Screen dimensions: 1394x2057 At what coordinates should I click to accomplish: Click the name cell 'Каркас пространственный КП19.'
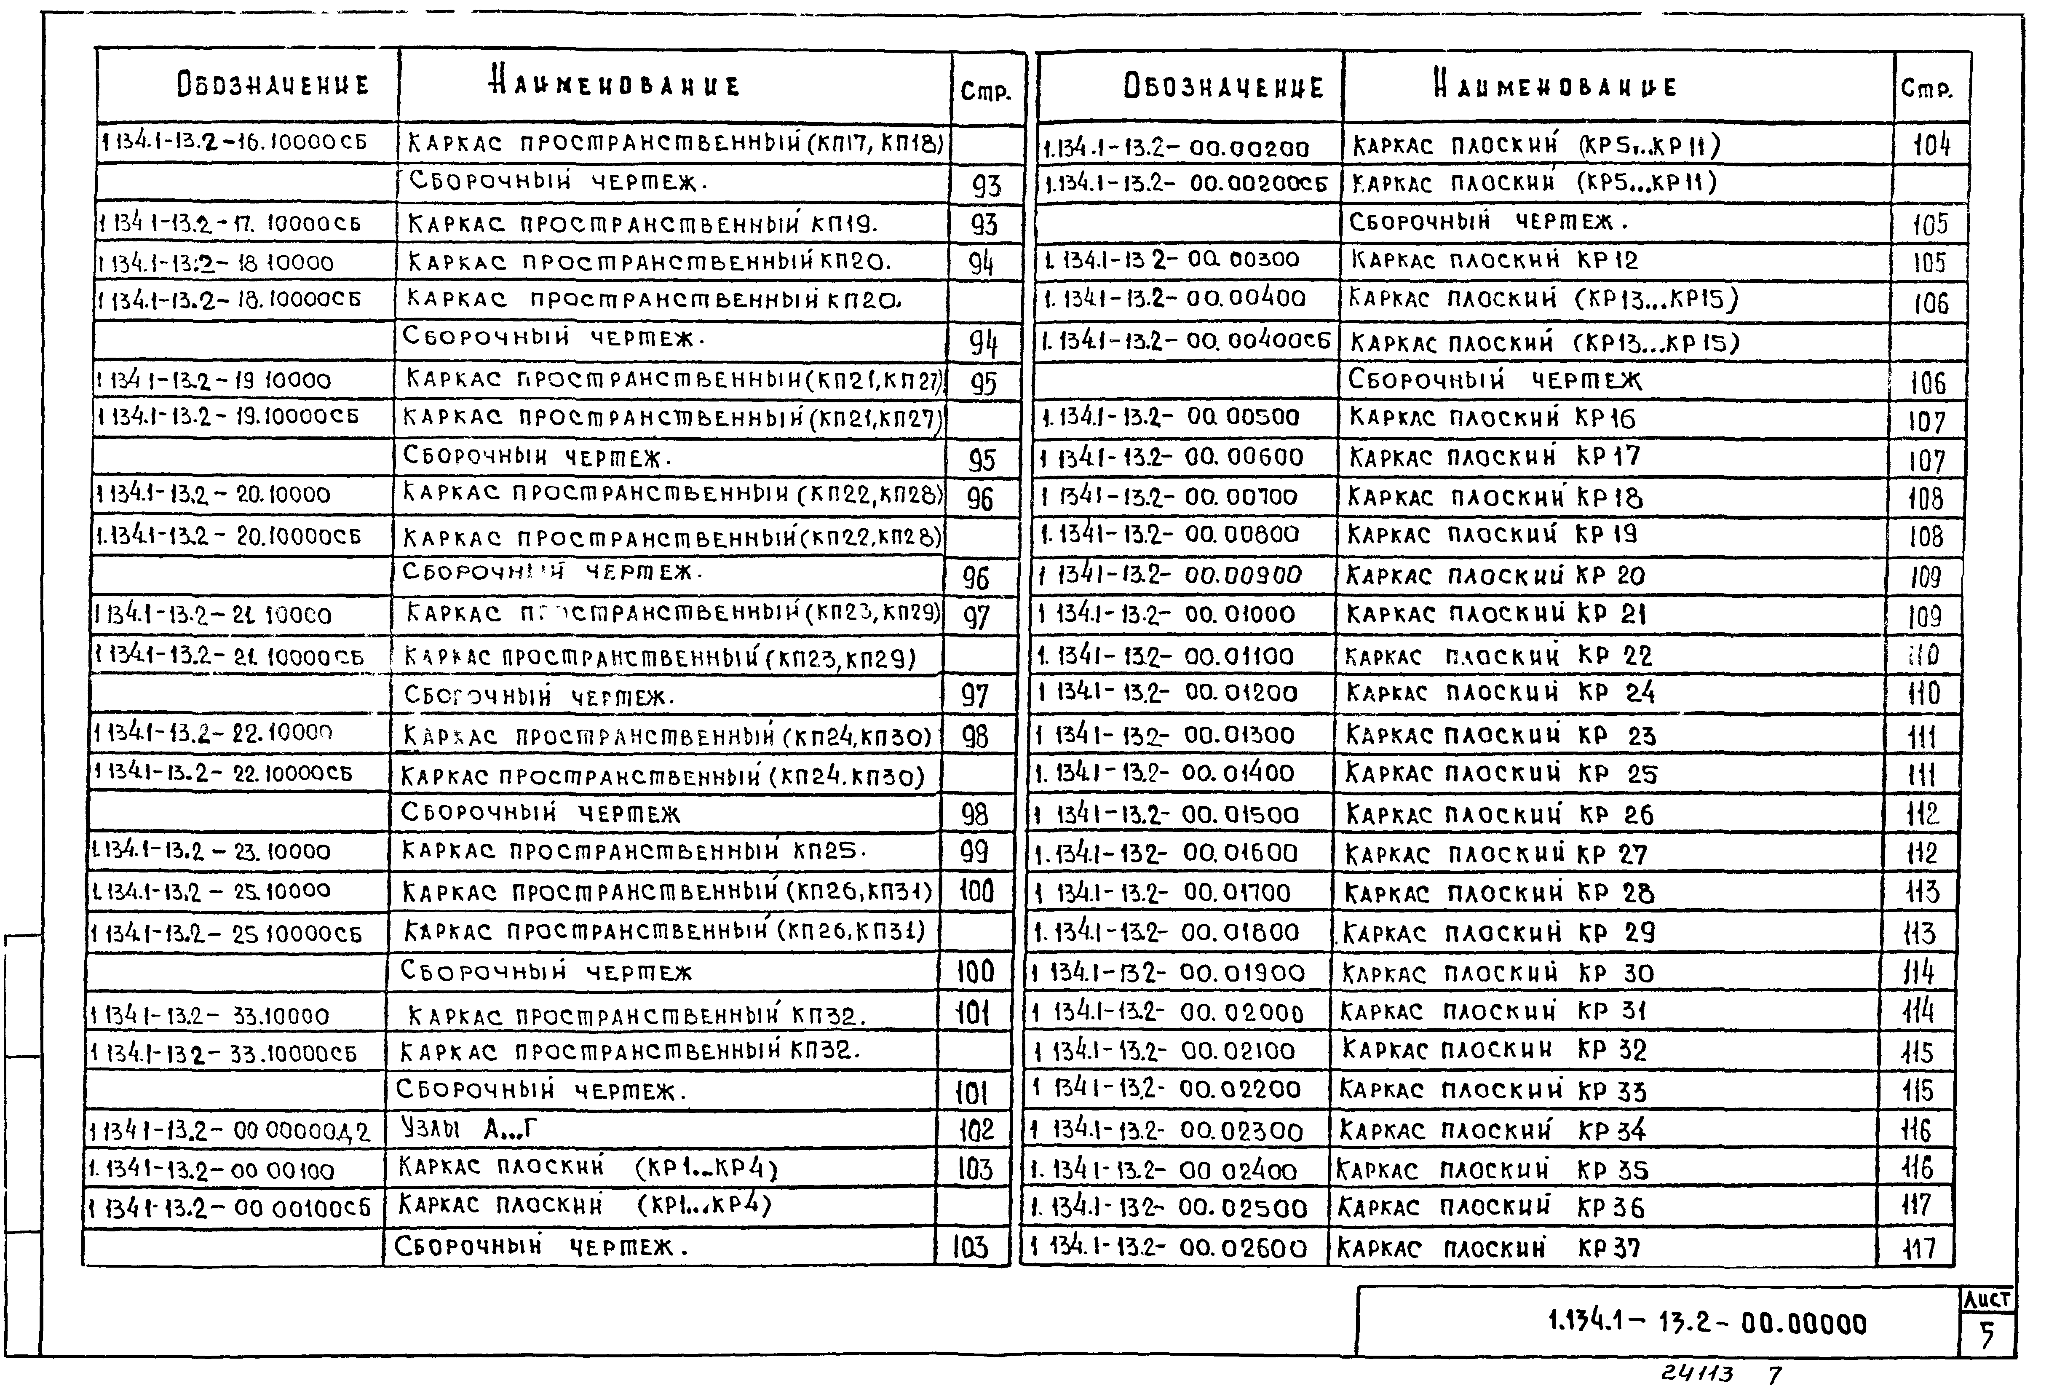(x=642, y=224)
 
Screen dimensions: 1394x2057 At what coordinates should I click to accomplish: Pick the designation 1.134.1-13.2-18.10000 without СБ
(x=216, y=263)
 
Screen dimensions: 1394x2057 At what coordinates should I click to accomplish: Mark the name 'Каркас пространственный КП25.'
(x=633, y=851)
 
